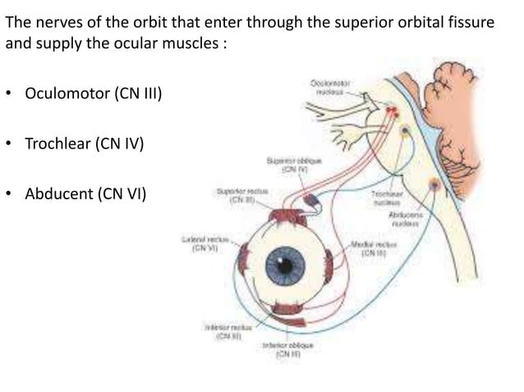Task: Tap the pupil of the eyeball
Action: click(x=286, y=265)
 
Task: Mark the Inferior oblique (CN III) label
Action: click(x=284, y=351)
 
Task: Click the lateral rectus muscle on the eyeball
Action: click(x=243, y=263)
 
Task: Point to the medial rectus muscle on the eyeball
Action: click(x=329, y=264)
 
